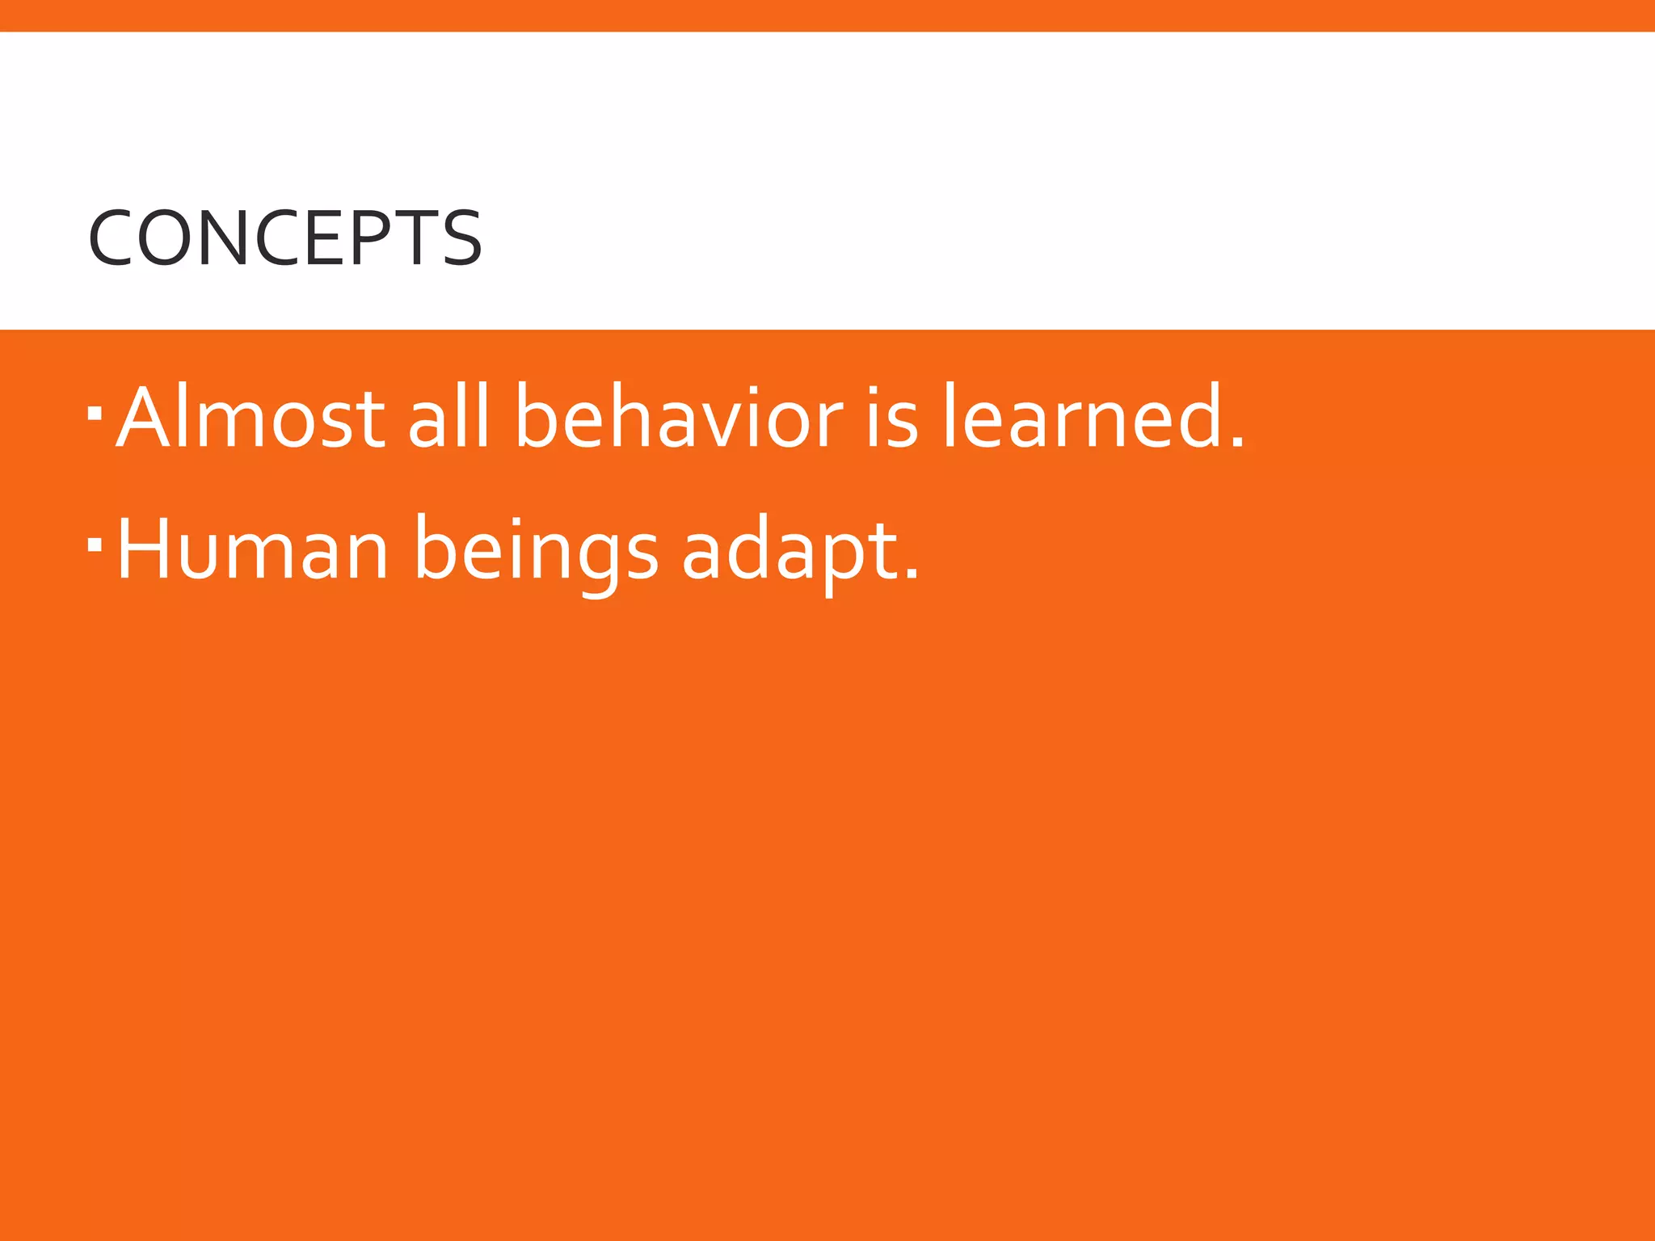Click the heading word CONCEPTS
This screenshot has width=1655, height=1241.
click(x=284, y=238)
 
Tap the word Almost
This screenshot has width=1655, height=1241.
click(x=251, y=417)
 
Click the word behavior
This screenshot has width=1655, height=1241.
click(x=679, y=417)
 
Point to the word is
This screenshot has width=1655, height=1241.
click(x=891, y=417)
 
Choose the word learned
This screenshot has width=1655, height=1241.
click(x=1083, y=417)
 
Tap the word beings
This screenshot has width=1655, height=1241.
click(x=536, y=551)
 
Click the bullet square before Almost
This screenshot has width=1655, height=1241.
click(x=95, y=414)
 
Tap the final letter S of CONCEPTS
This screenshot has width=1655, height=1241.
click(x=463, y=238)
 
